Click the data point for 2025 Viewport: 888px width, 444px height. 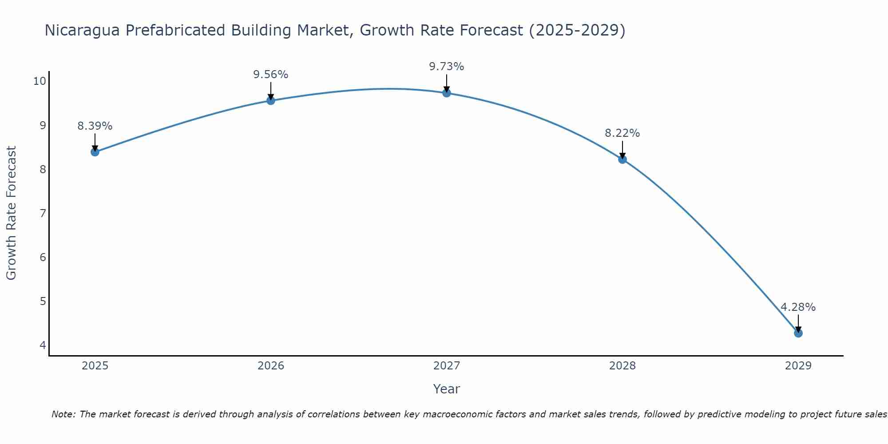tap(95, 152)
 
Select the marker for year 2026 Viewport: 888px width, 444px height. tap(271, 100)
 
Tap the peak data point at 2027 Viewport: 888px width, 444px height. tap(447, 93)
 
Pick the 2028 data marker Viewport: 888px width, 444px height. tap(622, 159)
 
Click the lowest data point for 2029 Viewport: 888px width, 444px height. tap(798, 333)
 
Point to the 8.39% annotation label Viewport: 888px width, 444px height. tap(95, 126)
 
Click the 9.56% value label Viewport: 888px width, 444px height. tap(271, 75)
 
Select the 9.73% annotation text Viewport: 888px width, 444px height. tap(447, 67)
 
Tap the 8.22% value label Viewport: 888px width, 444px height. tap(622, 133)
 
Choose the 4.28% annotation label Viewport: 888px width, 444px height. tap(798, 307)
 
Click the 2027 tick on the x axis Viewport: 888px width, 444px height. tap(447, 366)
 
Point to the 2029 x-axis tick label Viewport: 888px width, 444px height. tap(798, 366)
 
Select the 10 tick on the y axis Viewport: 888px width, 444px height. tap(40, 81)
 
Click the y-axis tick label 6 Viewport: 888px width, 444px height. tap(43, 258)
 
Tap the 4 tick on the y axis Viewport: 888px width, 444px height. tap(43, 345)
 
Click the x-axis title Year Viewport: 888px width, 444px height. tap(447, 389)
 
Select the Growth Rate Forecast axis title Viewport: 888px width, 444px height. tap(12, 213)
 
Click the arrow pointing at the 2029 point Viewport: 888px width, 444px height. tap(798, 323)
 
